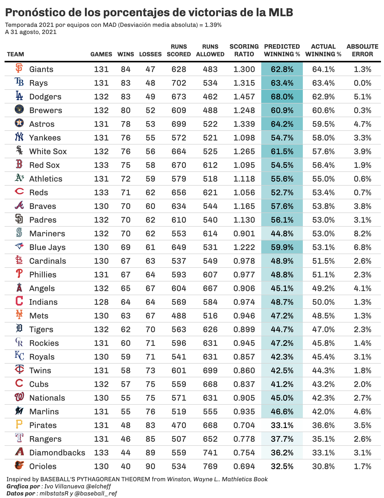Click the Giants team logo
pos(19,68)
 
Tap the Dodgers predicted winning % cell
pos(282,97)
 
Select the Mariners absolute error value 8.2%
pos(362,234)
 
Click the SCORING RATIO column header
pos(244,50)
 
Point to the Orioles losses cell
pos(150,466)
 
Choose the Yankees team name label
pos(45,138)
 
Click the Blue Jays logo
pos(19,246)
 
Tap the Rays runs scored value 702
pos(179,83)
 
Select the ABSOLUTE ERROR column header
pos(362,50)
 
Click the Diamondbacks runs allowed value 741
pos(210,453)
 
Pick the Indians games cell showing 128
pos(101,302)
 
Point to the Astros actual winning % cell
pos(323,124)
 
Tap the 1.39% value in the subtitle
pos(213,25)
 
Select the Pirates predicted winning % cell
pos(282,425)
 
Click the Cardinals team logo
pos(19,260)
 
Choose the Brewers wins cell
pos(126,110)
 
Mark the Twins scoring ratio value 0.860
pos(244,370)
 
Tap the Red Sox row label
pos(44,165)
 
